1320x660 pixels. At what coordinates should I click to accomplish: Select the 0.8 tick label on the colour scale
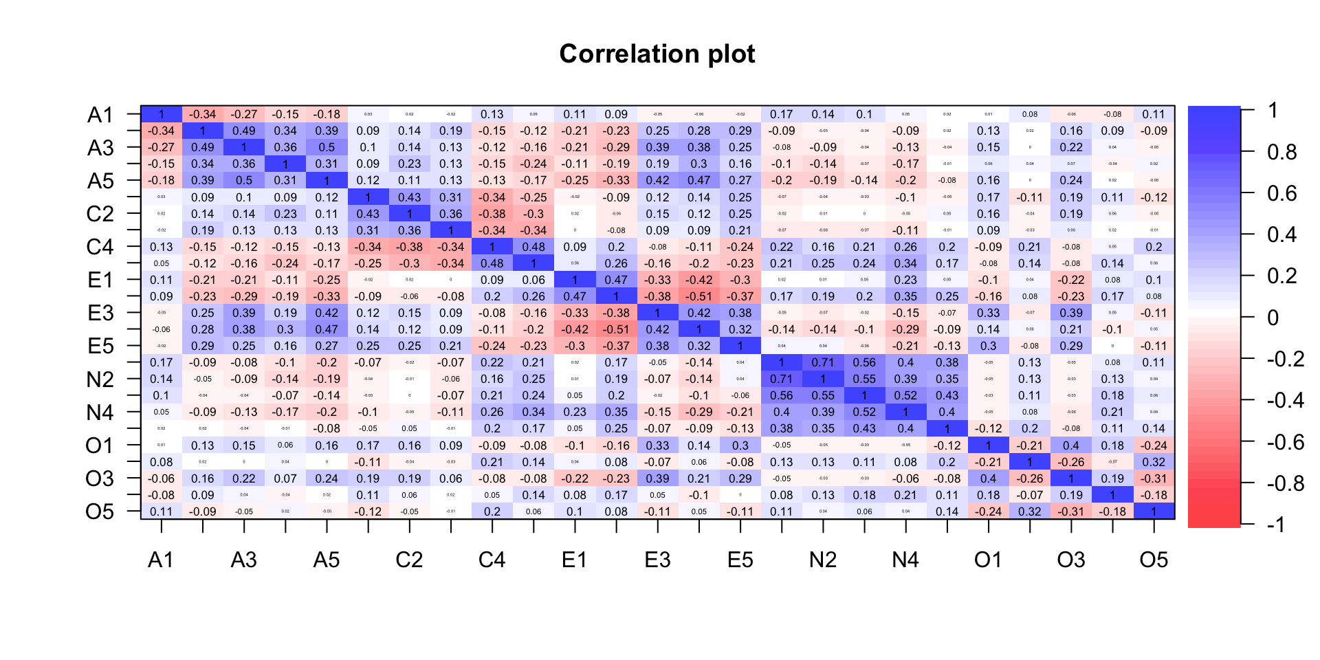point(1282,152)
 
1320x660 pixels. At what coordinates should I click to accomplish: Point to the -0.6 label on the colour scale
point(1285,442)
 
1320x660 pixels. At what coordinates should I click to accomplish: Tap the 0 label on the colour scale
point(1273,318)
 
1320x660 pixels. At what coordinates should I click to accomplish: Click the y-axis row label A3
point(100,148)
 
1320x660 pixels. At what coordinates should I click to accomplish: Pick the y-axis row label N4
point(100,412)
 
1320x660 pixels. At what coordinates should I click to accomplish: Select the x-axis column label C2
point(409,560)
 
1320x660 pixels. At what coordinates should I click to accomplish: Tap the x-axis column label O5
point(1154,560)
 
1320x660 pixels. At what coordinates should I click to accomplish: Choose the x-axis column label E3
point(657,560)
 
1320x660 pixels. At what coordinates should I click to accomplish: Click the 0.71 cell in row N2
point(782,379)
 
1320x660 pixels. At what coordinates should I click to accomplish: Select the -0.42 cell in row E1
point(699,280)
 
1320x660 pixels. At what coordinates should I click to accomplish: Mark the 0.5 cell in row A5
point(244,181)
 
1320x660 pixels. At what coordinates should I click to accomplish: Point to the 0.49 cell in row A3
point(203,148)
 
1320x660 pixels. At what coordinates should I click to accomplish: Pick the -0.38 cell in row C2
point(492,214)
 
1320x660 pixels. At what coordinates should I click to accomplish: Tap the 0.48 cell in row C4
point(533,247)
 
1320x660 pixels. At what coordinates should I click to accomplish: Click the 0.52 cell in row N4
point(864,412)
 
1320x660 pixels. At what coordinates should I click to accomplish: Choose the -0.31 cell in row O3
point(1154,478)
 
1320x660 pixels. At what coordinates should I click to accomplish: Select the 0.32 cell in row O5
point(1030,511)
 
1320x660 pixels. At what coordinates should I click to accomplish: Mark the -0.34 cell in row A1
point(203,115)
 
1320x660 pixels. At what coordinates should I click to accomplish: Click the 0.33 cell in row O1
point(657,445)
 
